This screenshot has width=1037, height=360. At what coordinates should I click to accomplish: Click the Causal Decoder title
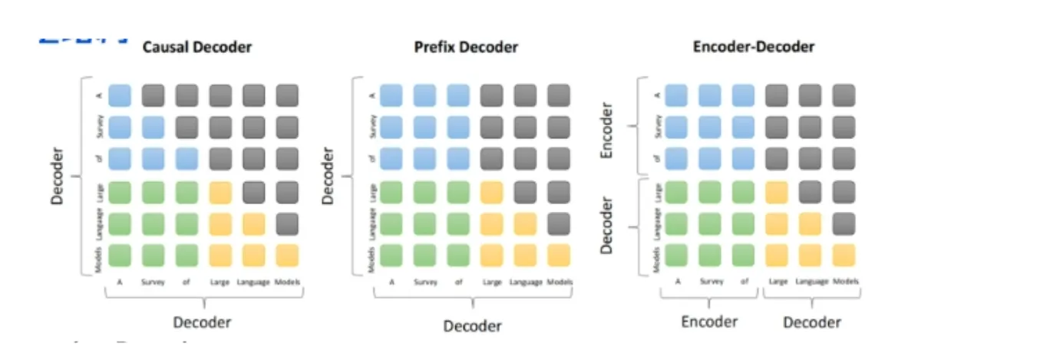(x=197, y=47)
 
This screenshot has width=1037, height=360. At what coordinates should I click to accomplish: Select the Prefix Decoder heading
(x=466, y=47)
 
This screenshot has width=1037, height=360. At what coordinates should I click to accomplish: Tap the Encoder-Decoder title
(x=753, y=47)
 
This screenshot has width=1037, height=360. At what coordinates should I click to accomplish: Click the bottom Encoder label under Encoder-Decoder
(x=709, y=322)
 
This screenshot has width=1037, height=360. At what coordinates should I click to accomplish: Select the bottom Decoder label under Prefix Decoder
(x=472, y=325)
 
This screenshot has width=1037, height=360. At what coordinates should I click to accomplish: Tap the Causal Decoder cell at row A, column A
(x=119, y=95)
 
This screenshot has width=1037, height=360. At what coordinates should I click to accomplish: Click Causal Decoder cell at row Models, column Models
(x=286, y=255)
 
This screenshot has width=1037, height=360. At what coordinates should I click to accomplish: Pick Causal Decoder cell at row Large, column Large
(x=220, y=192)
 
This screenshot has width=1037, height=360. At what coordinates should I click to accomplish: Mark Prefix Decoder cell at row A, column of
(x=458, y=95)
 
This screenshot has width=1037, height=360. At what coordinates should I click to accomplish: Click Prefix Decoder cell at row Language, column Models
(x=559, y=223)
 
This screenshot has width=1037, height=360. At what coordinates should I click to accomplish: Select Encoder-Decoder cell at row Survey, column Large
(x=777, y=127)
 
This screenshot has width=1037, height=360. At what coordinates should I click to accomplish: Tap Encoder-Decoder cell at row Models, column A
(x=675, y=255)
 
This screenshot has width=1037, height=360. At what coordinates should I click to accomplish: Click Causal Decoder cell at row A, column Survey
(x=153, y=95)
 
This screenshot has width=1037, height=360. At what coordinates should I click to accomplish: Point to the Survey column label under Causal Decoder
(x=153, y=282)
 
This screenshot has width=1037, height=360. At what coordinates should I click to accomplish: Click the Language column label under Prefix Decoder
(x=525, y=282)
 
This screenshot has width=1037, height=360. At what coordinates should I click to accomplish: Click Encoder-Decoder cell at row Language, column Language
(x=811, y=223)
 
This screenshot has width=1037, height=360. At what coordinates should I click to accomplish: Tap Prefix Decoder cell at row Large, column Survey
(x=424, y=192)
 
